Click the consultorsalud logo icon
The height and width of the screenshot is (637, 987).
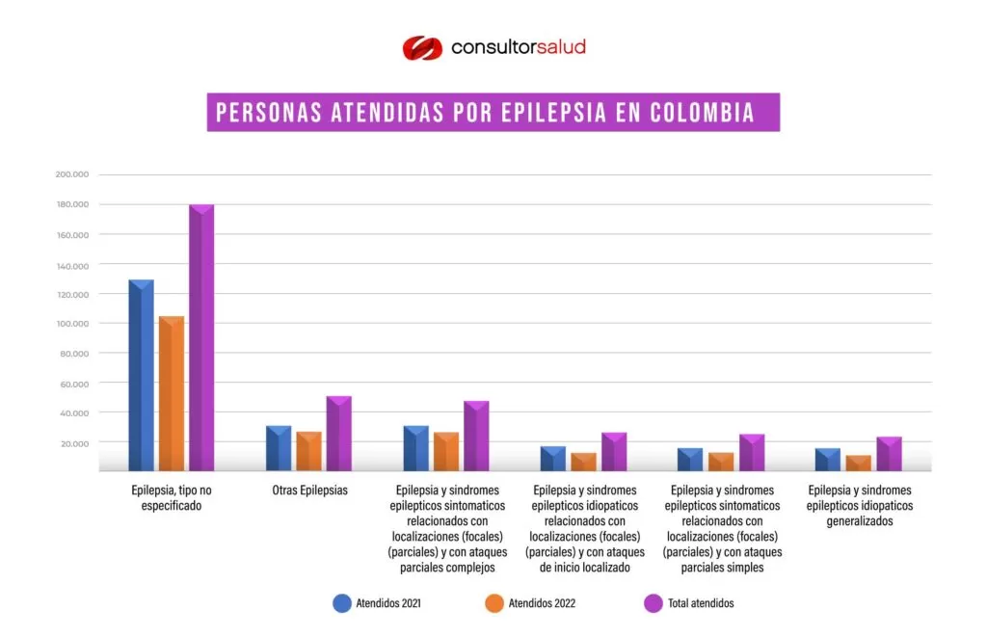(x=421, y=47)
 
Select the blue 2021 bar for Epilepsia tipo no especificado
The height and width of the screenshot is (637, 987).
(x=141, y=376)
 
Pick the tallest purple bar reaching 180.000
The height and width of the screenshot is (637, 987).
(x=201, y=338)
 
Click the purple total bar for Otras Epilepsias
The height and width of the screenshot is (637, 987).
(x=338, y=434)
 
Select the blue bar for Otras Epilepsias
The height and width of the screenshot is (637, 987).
(x=278, y=448)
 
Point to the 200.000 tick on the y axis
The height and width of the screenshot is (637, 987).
(x=72, y=174)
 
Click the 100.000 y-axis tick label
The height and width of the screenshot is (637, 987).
(x=72, y=324)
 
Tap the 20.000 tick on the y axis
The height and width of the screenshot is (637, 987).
(x=75, y=443)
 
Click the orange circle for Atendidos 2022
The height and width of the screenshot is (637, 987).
(x=494, y=603)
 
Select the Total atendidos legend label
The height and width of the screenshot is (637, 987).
(x=701, y=603)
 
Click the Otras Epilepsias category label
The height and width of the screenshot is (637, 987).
(x=309, y=491)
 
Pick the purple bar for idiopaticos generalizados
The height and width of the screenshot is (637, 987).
(x=889, y=454)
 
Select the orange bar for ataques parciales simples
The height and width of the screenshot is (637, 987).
(x=721, y=462)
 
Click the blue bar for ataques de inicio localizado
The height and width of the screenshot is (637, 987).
(x=552, y=459)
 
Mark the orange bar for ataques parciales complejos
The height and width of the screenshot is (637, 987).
(x=445, y=451)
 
